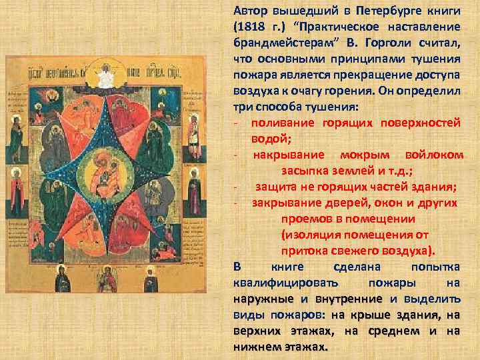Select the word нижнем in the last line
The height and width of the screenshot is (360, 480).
point(253,347)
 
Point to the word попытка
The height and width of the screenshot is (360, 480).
point(436,266)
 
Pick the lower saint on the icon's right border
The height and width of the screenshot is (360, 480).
point(195,194)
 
